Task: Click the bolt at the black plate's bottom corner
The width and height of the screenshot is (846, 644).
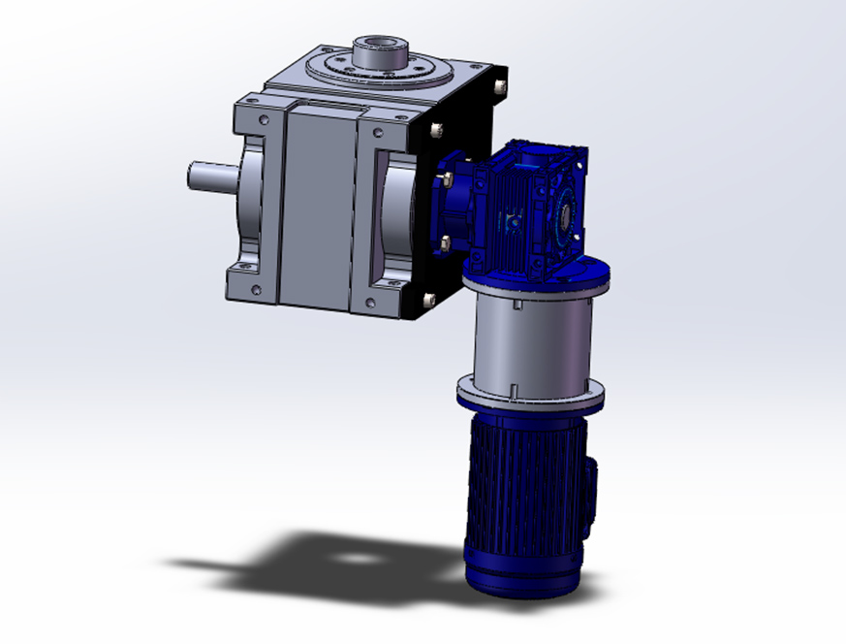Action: coord(427,300)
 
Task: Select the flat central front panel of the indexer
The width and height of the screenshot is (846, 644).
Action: coord(320,209)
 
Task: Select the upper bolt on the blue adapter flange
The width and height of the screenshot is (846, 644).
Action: coord(448,177)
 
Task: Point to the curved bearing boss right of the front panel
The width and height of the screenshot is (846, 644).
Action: coord(397,218)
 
